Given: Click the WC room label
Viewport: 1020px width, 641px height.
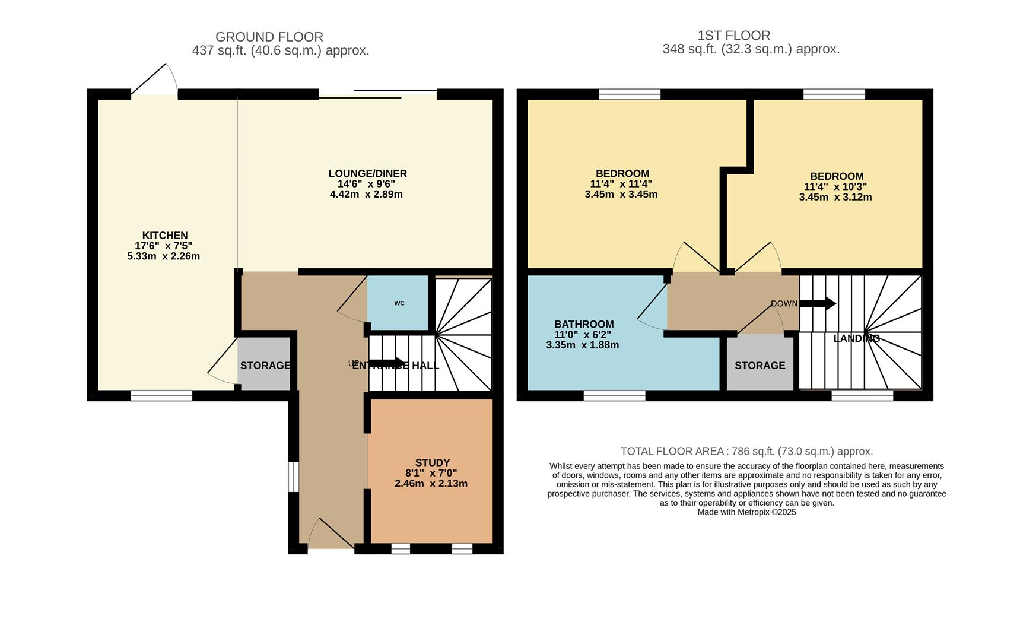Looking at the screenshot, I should pyautogui.click(x=399, y=303).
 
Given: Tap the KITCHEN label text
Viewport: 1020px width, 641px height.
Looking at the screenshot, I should pyautogui.click(x=165, y=236).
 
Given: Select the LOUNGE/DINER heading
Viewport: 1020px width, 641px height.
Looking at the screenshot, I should pyautogui.click(x=368, y=174).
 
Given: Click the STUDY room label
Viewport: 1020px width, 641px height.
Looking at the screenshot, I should pyautogui.click(x=432, y=463).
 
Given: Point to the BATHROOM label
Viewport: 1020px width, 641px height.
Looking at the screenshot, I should pyautogui.click(x=584, y=325).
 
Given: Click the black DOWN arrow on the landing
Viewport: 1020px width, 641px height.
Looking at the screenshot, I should pyautogui.click(x=818, y=304).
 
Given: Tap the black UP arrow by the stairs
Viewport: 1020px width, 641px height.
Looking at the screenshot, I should pyautogui.click(x=387, y=363).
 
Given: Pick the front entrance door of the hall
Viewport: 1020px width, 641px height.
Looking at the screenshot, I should pyautogui.click(x=331, y=534).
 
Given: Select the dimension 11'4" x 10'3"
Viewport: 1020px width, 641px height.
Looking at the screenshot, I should pyautogui.click(x=835, y=187).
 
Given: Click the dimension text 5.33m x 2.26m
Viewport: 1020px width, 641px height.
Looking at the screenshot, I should pyautogui.click(x=163, y=256).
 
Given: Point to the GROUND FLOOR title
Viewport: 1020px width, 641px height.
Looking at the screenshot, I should pyautogui.click(x=269, y=37).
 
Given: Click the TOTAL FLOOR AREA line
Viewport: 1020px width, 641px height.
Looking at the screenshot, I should pyautogui.click(x=746, y=451).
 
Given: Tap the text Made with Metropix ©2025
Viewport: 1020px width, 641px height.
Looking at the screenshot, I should pyautogui.click(x=746, y=512).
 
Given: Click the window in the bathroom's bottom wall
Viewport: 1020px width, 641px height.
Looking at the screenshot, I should pyautogui.click(x=614, y=396).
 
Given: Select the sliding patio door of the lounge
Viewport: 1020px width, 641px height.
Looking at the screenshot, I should pyautogui.click(x=378, y=94).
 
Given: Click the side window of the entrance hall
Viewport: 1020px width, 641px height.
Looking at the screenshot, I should pyautogui.click(x=293, y=477).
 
